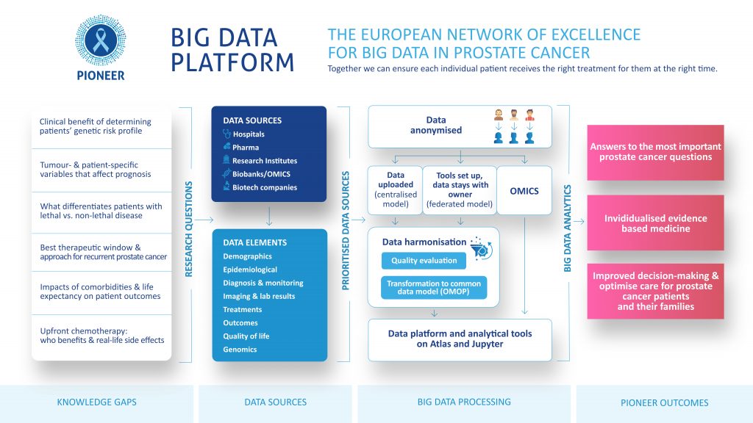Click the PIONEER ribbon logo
(100, 40)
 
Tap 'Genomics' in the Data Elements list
(240, 350)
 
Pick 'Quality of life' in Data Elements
(246, 336)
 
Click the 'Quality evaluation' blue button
(424, 261)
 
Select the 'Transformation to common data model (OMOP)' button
(434, 287)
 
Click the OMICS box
(524, 190)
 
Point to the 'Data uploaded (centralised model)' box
(395, 190)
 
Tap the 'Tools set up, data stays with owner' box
(460, 190)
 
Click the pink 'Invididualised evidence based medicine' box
(655, 223)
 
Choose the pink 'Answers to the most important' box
(655, 153)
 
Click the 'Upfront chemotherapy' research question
(101, 336)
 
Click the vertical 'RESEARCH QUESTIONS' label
(189, 229)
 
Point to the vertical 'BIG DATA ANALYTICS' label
(567, 228)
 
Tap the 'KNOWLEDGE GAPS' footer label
(96, 402)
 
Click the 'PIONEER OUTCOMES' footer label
(664, 403)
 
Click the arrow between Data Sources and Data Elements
(269, 216)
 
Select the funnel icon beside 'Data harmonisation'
(481, 248)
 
